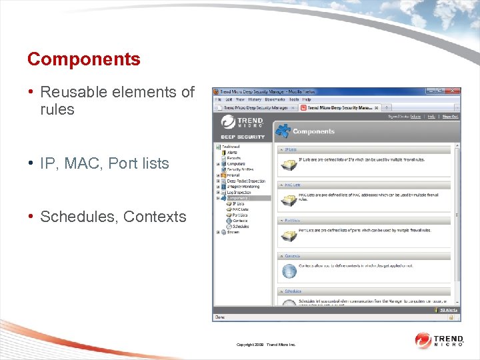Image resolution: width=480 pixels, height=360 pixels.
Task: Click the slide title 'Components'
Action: (83, 59)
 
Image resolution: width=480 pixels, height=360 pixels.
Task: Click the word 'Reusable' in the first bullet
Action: (75, 92)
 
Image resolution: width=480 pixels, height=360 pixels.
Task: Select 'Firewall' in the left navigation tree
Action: (234, 175)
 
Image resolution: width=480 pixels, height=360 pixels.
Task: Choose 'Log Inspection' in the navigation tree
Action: (239, 193)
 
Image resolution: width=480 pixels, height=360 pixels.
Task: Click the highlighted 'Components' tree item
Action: (238, 198)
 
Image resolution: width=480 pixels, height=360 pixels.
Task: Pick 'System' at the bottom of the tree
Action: (233, 232)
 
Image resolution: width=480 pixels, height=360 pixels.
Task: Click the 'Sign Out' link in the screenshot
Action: (450, 116)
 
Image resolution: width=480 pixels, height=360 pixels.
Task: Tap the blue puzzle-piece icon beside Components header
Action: (283, 131)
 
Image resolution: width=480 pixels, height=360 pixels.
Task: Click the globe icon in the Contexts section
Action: (289, 271)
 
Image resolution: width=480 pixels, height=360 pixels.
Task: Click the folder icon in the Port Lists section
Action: (289, 235)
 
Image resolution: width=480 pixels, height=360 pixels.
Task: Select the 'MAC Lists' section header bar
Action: (363, 185)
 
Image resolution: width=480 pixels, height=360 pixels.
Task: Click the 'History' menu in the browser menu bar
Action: (255, 99)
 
